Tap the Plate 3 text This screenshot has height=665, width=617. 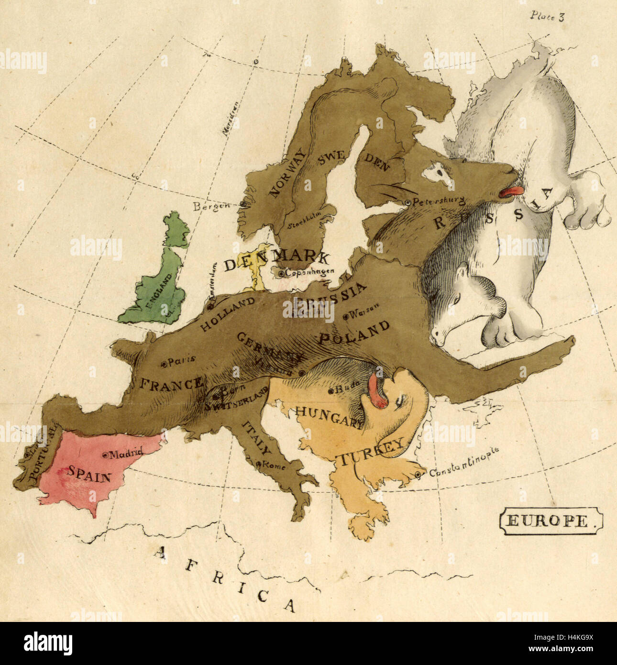(x=547, y=16)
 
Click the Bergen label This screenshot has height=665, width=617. (x=211, y=206)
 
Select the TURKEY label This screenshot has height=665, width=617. (x=372, y=452)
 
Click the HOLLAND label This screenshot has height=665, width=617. (x=227, y=314)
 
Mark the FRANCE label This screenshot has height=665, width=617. (x=171, y=384)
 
